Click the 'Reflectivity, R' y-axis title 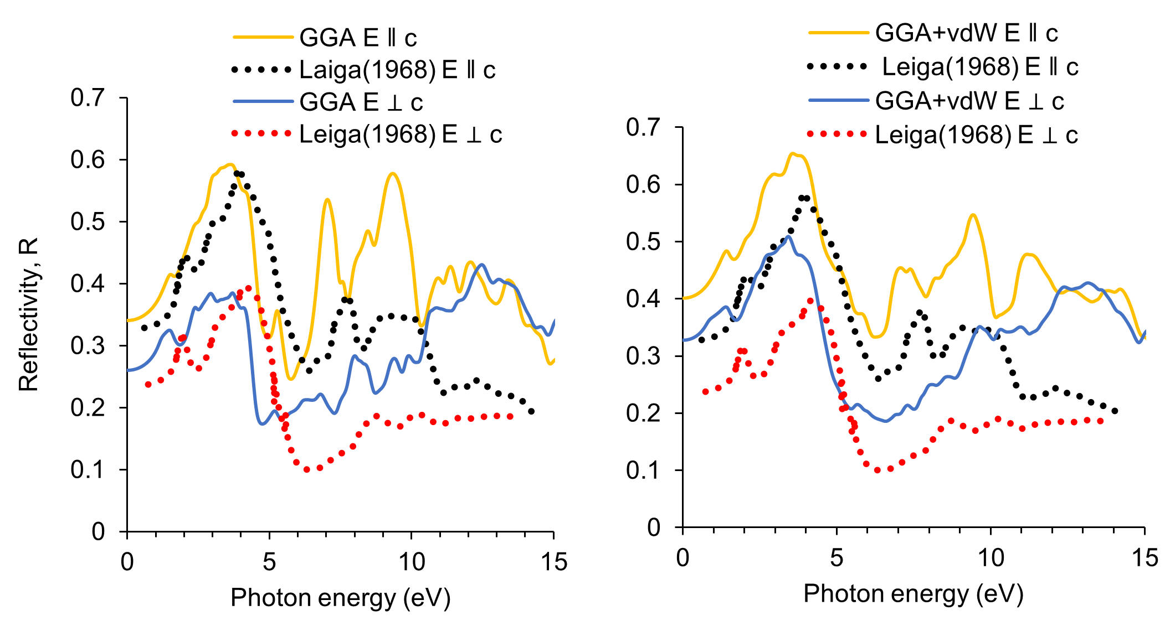coord(29,314)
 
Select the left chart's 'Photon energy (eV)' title coord(340,598)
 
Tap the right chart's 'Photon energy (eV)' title coord(913,593)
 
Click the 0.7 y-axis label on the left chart coord(88,97)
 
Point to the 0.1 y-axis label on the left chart coord(88,469)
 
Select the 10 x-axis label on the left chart coord(412,562)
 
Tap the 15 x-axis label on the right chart coord(1145,558)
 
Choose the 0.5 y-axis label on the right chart coord(643,241)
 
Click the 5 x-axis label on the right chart coord(837,558)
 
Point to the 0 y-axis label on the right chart coord(654,527)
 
